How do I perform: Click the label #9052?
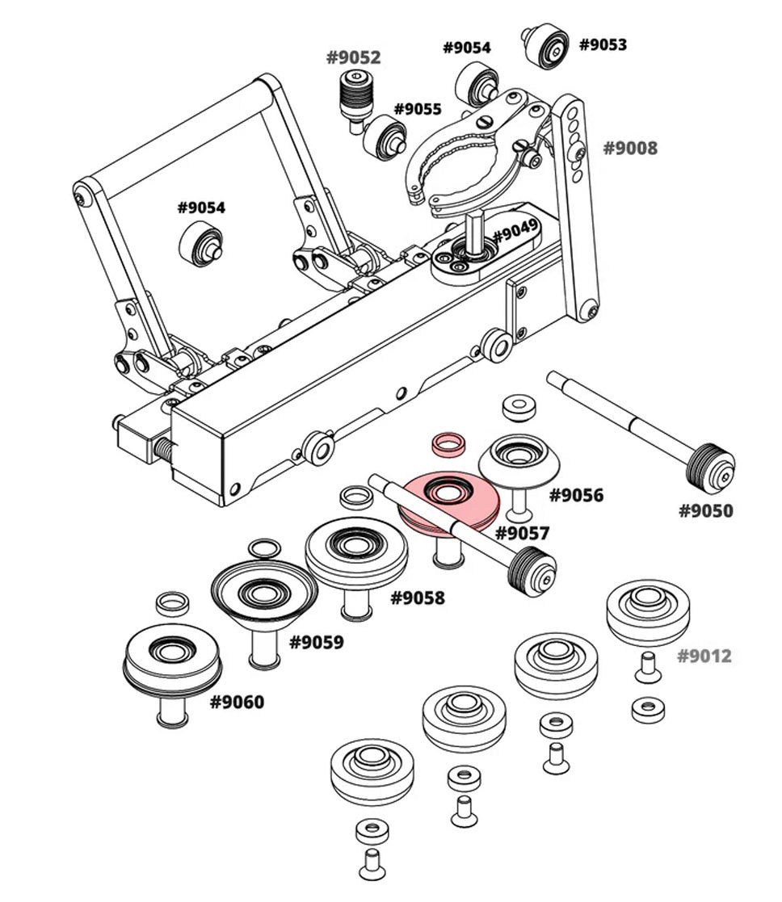pyautogui.click(x=353, y=57)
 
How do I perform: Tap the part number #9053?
pyautogui.click(x=603, y=44)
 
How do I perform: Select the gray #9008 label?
pyautogui.click(x=631, y=148)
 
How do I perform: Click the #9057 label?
pyautogui.click(x=522, y=533)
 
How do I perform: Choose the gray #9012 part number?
pyautogui.click(x=704, y=656)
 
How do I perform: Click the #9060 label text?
pyautogui.click(x=237, y=702)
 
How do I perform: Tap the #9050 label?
pyautogui.click(x=706, y=510)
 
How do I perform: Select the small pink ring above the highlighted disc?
pyautogui.click(x=448, y=443)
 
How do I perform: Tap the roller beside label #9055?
pyautogui.click(x=384, y=137)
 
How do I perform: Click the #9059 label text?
pyautogui.click(x=317, y=642)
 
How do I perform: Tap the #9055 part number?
pyautogui.click(x=418, y=109)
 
